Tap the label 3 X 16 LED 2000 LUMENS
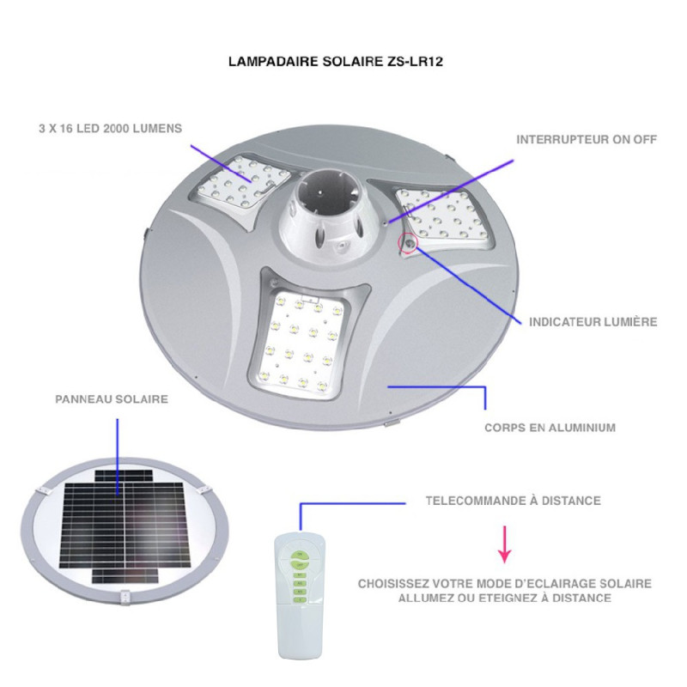coord(111,128)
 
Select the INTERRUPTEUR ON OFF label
coord(587,138)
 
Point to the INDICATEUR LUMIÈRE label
coord(593,322)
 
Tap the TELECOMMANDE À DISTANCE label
coord(514,501)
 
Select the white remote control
coord(301,592)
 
